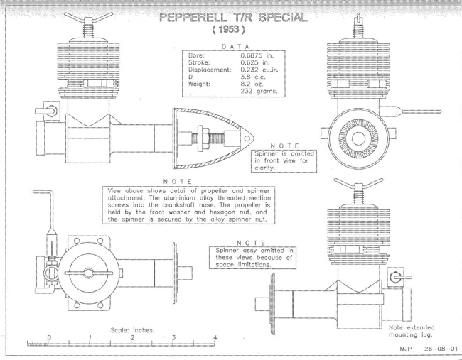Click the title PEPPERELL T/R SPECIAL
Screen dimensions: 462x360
233,17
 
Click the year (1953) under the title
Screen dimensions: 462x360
229,29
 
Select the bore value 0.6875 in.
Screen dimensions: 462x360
257,55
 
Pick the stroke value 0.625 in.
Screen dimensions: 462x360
255,62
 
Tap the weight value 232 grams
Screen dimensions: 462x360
259,92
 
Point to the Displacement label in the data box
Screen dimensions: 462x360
210,70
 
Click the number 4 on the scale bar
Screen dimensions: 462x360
215,337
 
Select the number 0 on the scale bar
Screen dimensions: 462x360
49,337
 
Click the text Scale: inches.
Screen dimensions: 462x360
132,330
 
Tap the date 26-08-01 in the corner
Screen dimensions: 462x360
441,349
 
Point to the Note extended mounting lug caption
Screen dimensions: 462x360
412,331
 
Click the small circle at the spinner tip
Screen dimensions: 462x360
247,138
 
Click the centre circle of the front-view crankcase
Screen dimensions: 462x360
358,138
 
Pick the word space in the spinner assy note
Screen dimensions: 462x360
226,265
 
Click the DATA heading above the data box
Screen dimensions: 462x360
235,46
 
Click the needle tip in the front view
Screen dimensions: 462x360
440,111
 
